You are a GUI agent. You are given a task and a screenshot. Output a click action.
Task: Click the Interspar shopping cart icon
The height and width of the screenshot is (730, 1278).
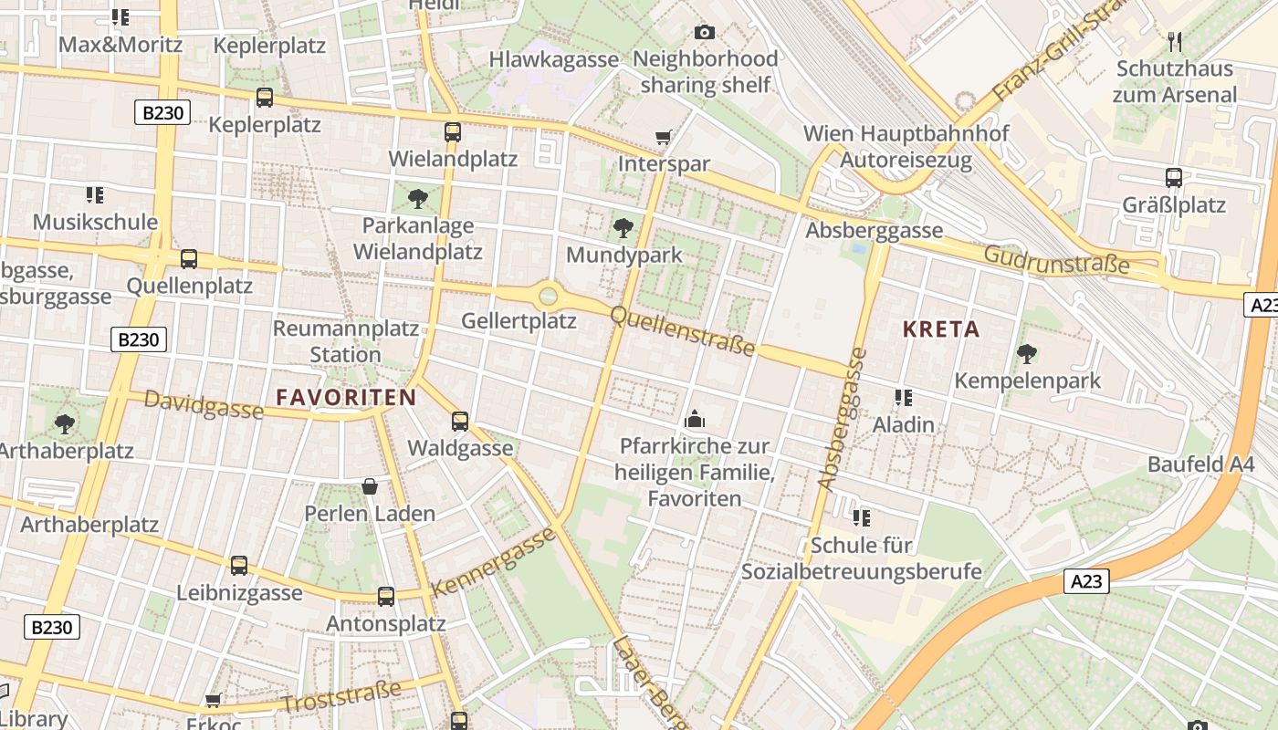coord(663,138)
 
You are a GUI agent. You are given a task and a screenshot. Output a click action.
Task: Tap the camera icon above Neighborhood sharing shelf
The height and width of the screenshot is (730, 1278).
coord(704,33)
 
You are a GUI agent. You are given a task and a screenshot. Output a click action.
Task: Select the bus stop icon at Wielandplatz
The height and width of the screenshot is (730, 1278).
coord(452,132)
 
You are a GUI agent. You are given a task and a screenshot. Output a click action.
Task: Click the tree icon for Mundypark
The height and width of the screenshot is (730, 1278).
coord(623,227)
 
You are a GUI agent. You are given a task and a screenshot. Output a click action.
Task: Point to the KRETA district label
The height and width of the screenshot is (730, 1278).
coord(941,329)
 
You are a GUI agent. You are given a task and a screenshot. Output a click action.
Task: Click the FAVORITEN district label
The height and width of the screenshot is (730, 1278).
coord(346,397)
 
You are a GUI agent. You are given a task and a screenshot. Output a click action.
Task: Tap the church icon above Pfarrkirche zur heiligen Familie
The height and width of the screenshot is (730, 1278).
coord(694,420)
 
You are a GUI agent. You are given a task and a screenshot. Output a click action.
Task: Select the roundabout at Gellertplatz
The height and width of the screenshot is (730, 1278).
coord(548,295)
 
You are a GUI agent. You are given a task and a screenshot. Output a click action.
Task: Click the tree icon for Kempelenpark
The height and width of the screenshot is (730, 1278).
coord(1027,353)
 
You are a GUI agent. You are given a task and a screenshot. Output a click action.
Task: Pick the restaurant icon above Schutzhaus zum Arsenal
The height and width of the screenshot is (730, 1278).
coord(1175,42)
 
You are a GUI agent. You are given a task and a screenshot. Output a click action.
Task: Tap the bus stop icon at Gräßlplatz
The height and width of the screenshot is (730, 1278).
coord(1174,178)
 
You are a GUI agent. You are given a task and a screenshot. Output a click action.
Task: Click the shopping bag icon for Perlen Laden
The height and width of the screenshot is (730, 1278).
coord(370,486)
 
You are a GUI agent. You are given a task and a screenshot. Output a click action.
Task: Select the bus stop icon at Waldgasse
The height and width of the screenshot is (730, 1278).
coord(460,422)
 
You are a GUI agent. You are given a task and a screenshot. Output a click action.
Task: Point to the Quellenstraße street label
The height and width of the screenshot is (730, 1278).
coord(682,331)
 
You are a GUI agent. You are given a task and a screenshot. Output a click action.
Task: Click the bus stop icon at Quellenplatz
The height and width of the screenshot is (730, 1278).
coord(189,259)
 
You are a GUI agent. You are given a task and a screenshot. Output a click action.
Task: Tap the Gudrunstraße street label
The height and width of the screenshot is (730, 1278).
coord(1056,260)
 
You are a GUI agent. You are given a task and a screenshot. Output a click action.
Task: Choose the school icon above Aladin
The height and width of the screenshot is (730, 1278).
coord(904,398)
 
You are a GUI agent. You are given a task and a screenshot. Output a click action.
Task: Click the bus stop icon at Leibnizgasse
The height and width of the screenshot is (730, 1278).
coord(239,566)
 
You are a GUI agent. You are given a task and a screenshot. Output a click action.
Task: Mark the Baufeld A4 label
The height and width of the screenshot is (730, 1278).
coord(1201,464)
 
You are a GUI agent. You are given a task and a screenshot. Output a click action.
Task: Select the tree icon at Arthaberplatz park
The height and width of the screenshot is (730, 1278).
coord(64,423)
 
